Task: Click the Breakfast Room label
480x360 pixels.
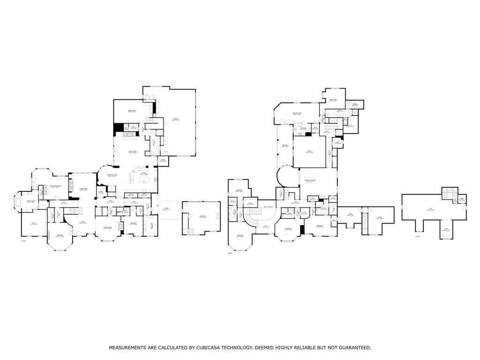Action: pos(112,175)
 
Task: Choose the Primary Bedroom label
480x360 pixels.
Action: pos(57,187)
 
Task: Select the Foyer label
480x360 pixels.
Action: pos(82,223)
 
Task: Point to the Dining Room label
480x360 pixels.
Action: pos(107,228)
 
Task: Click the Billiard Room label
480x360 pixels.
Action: pos(297,113)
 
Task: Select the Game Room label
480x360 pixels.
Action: pos(333,100)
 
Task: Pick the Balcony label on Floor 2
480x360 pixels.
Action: pos(285,146)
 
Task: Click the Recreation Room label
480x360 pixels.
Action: pos(310,181)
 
